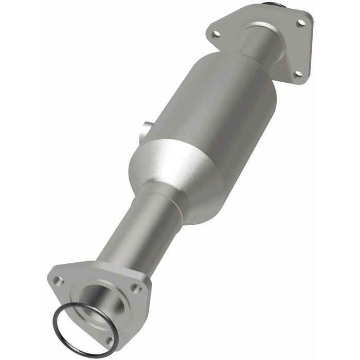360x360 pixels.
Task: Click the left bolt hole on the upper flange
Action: coord(216,34)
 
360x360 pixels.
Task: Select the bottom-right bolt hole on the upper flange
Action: coord(297,75)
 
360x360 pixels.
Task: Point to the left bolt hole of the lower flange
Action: coord(58,281)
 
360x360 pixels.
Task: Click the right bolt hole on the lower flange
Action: coord(136,289)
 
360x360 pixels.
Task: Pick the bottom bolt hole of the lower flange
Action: coord(109,340)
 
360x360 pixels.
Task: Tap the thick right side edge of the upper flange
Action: coord(309,51)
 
